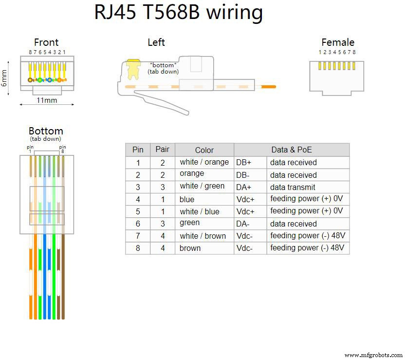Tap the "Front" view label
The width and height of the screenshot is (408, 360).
[46, 43]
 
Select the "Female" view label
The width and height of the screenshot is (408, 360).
[337, 43]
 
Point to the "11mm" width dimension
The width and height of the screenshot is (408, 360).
[47, 100]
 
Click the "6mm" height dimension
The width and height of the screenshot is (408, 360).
[4, 76]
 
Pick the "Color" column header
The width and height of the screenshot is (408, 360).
[204, 150]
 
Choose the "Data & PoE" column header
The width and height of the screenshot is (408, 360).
[291, 150]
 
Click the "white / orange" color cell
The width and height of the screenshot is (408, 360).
[204, 162]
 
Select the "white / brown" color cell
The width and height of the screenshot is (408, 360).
[203, 236]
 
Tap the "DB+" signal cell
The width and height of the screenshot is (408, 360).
[244, 162]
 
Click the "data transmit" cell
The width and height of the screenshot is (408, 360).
[293, 187]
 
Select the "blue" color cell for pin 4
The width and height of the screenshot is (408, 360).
[187, 199]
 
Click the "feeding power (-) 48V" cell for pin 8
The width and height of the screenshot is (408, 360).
[307, 248]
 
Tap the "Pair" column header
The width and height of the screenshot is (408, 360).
[162, 150]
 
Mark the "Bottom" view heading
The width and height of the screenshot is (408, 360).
[46, 131]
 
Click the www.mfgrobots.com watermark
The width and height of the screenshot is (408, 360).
[373, 355]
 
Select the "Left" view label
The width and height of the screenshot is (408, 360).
[156, 43]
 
